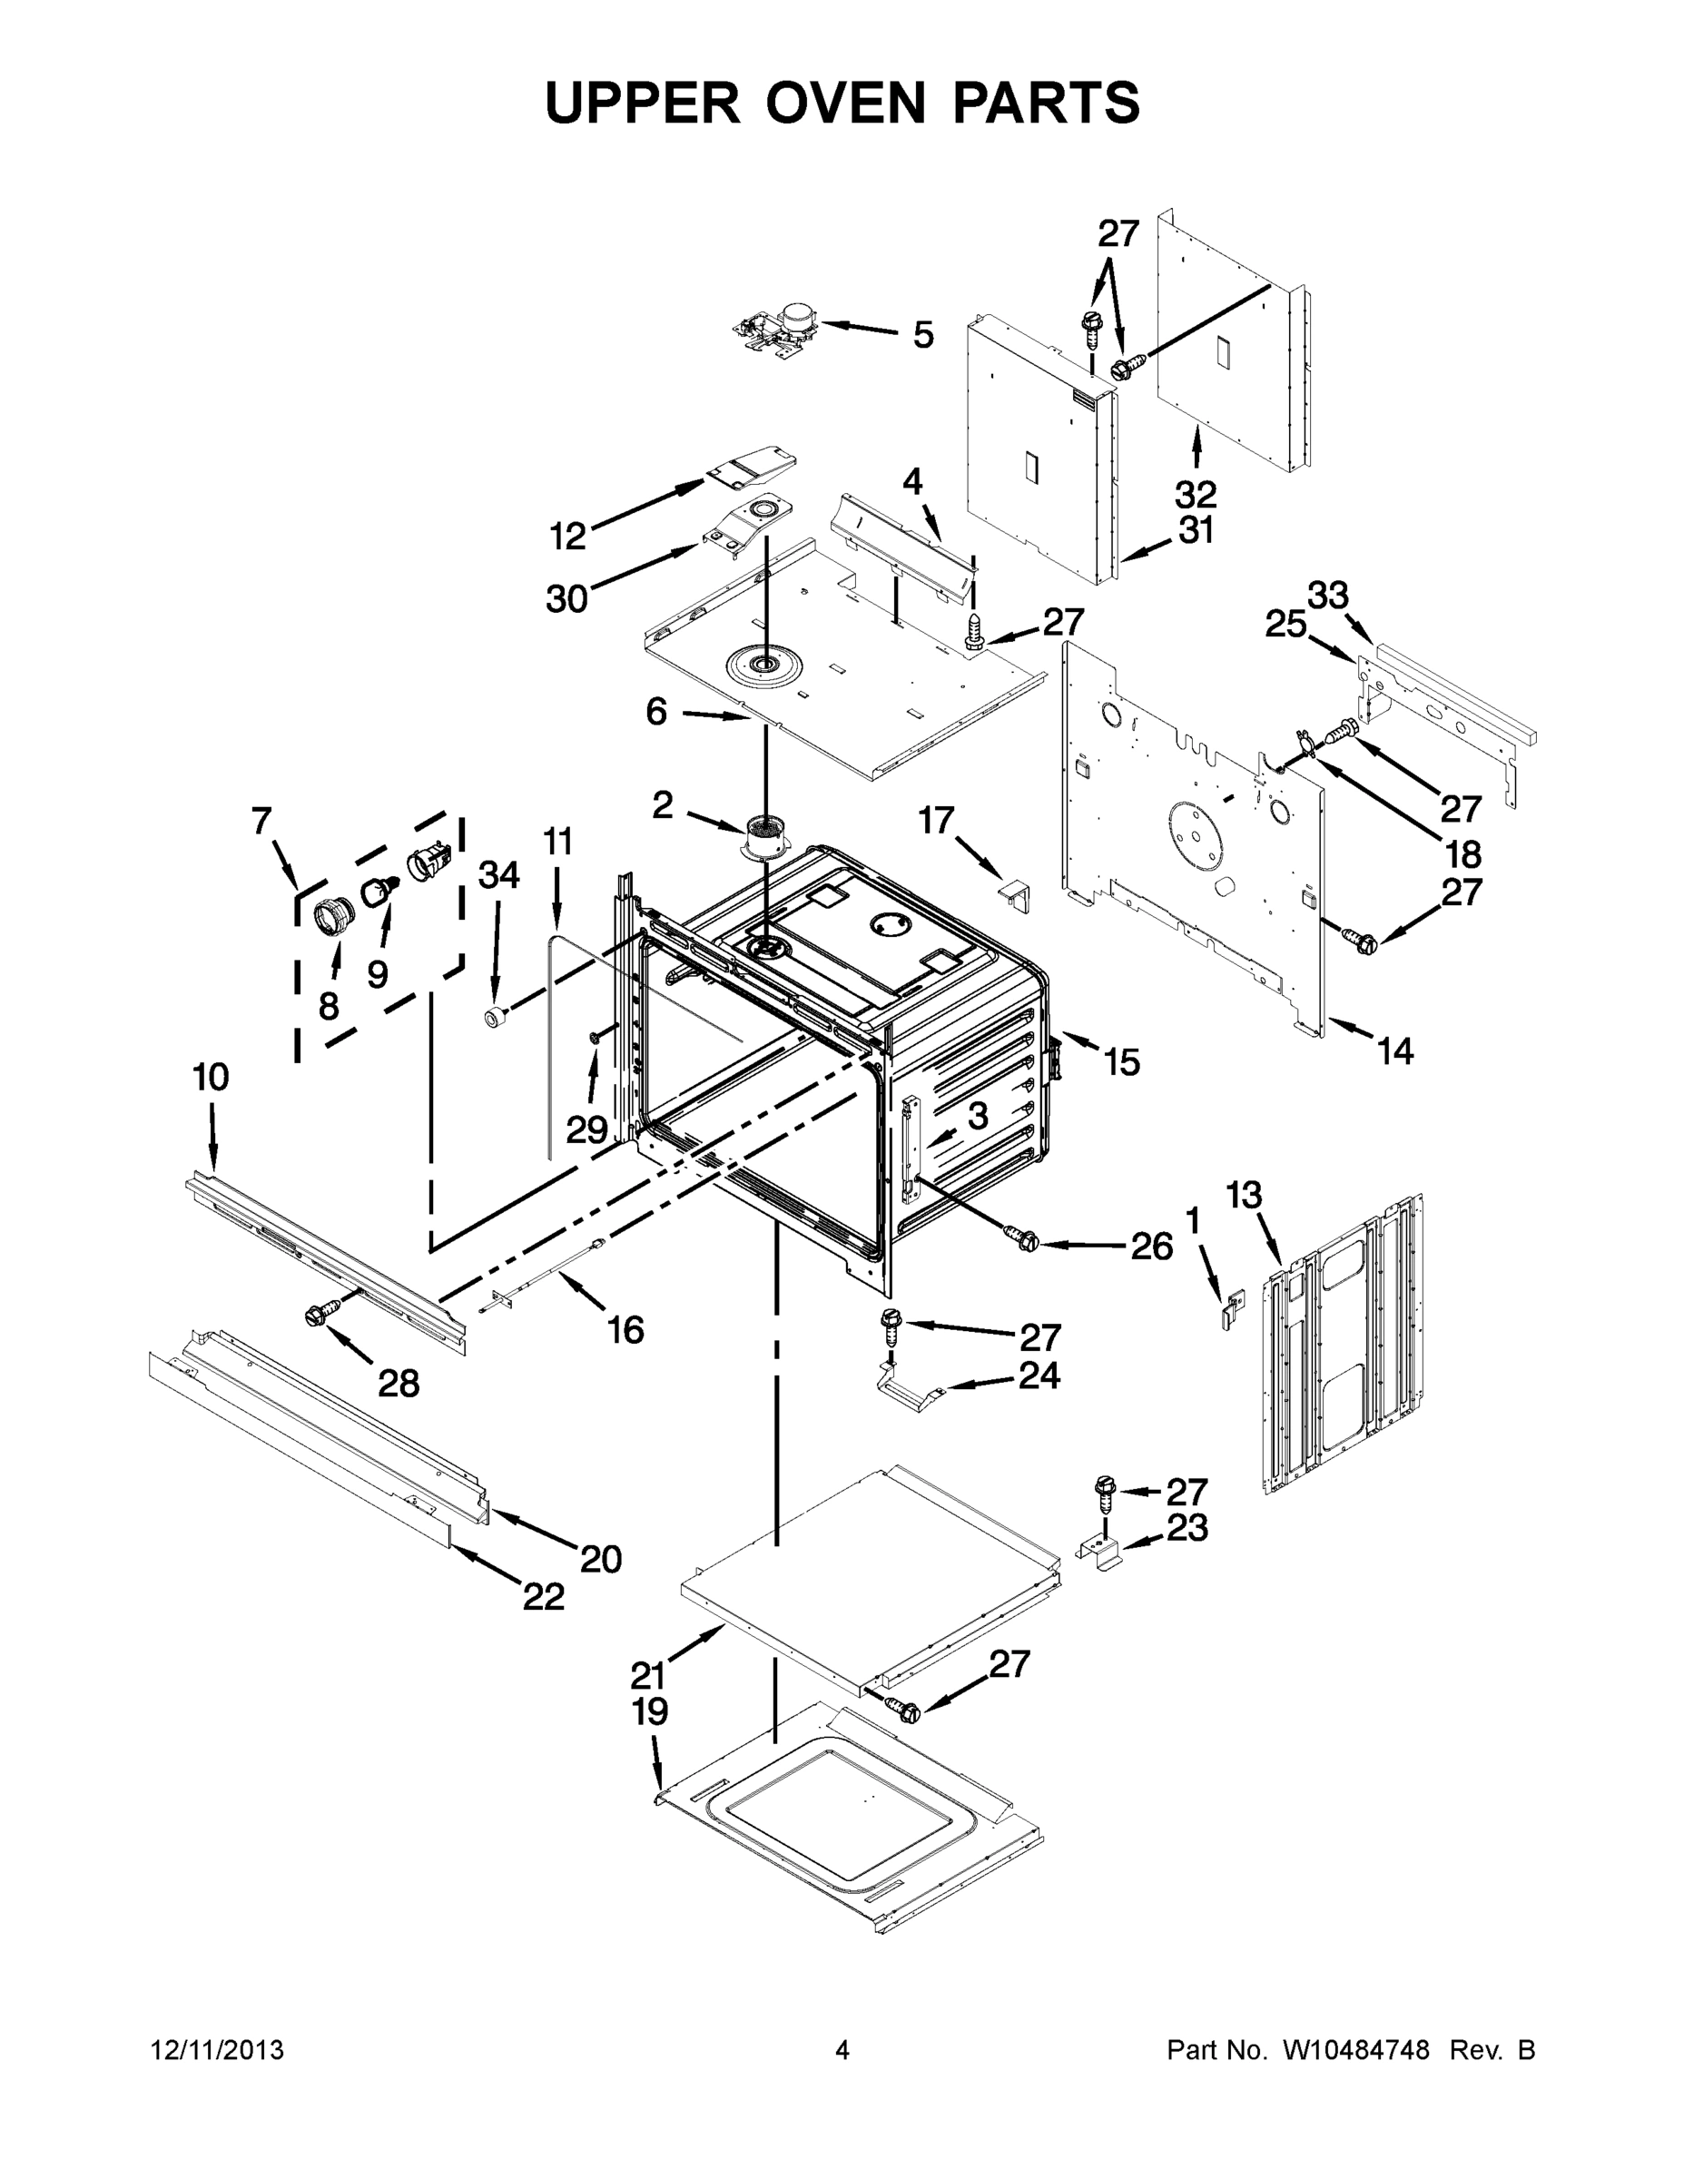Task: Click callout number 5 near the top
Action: [924, 335]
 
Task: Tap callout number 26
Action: [1151, 1247]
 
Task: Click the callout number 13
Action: [1243, 1194]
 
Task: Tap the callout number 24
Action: [1039, 1375]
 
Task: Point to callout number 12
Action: [567, 537]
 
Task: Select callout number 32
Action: [1196, 494]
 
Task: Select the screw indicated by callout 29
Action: [595, 1039]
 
